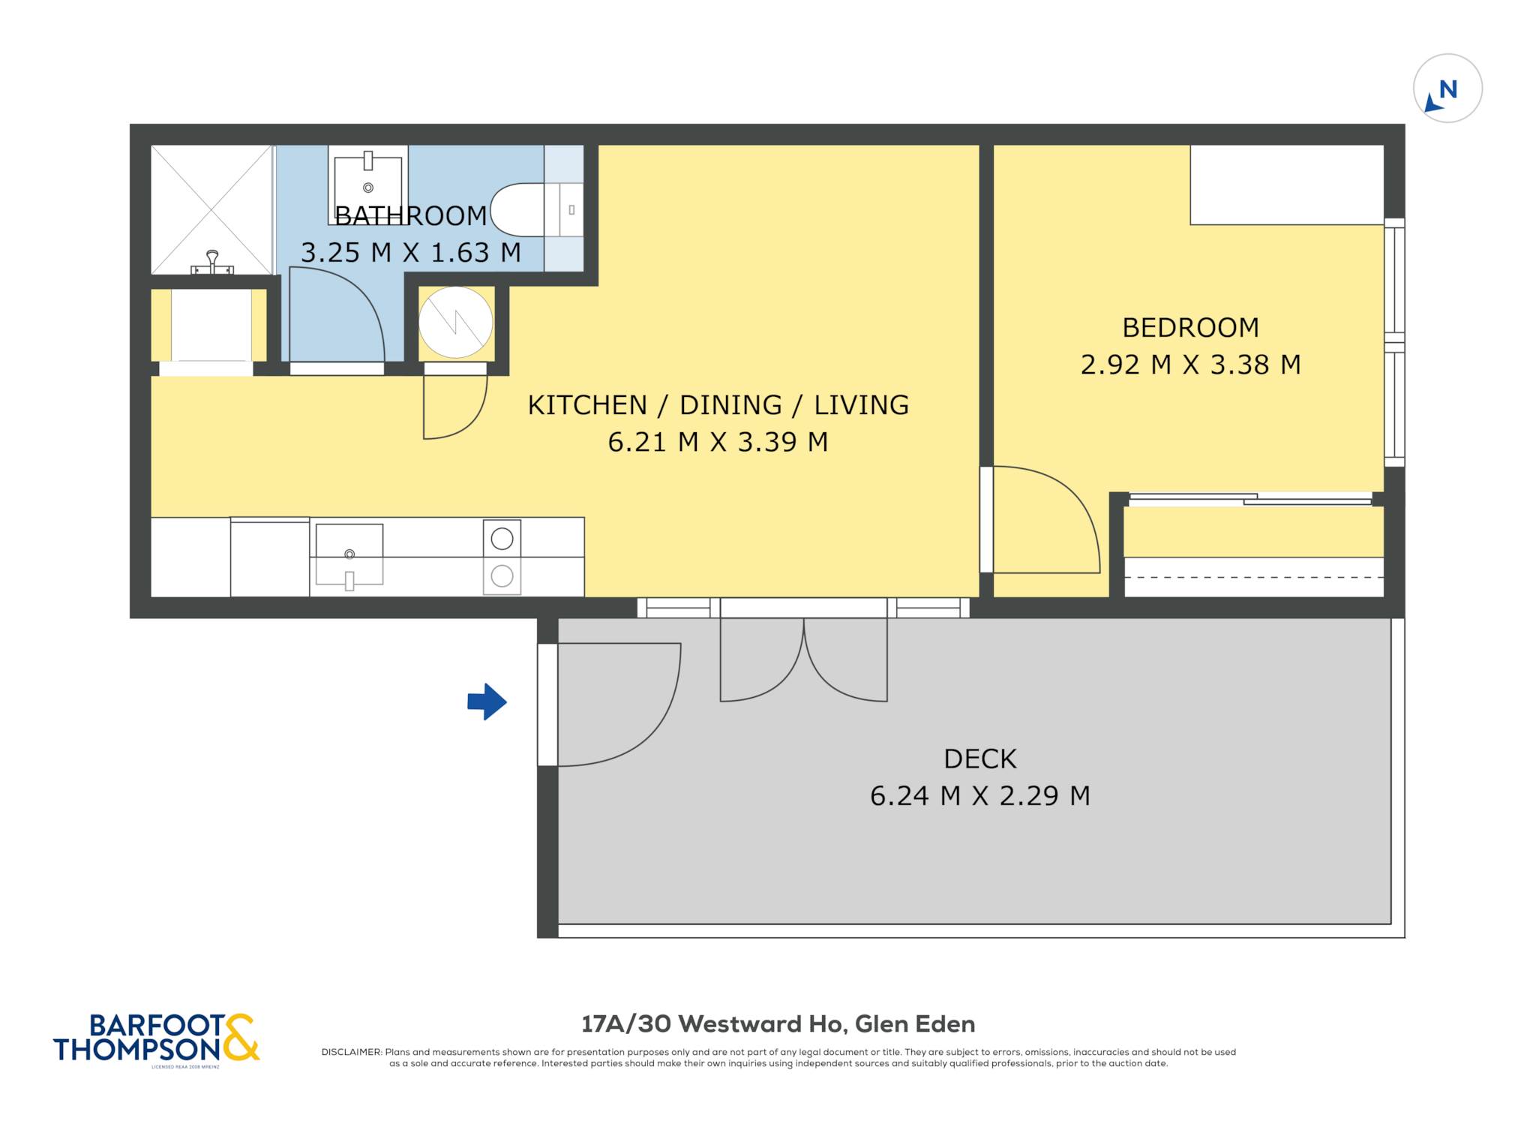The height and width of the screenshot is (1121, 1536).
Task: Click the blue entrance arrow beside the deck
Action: [x=487, y=702]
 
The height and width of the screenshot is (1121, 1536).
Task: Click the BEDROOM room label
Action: [x=1190, y=328]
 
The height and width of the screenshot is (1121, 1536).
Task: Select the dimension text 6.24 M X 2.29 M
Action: [x=979, y=795]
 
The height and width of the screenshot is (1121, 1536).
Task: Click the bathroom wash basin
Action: [x=367, y=185]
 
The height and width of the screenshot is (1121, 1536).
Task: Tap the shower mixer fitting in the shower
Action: [x=212, y=263]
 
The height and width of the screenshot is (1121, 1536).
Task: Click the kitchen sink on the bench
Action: [x=349, y=556]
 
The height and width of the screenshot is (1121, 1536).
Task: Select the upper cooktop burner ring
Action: [x=502, y=538]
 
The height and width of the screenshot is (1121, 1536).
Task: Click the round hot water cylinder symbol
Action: [x=455, y=323]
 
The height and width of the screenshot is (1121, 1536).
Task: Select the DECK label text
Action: [x=979, y=759]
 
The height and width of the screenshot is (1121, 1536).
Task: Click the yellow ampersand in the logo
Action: [x=241, y=1037]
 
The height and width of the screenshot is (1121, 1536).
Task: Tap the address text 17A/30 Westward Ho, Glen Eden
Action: [x=778, y=1024]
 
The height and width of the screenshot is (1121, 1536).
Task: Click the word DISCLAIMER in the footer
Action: [x=352, y=1052]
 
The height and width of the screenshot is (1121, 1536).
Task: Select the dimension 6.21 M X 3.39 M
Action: [x=718, y=442]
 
